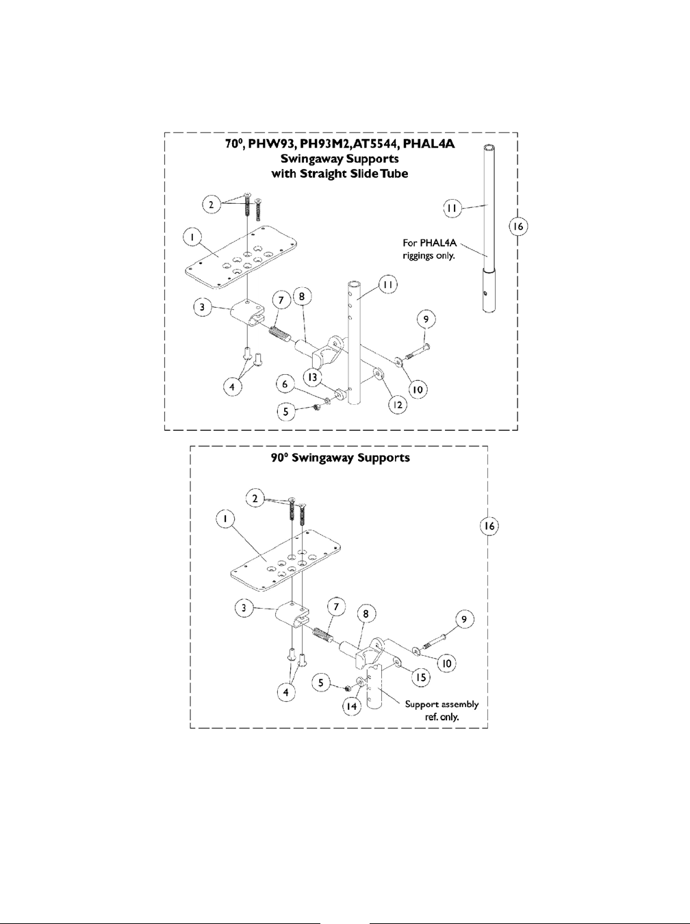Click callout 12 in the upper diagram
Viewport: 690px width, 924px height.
(x=398, y=406)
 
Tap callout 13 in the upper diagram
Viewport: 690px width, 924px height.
(x=312, y=378)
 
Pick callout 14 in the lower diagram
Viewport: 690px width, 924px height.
(x=352, y=708)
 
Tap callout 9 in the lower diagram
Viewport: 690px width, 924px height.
(x=465, y=620)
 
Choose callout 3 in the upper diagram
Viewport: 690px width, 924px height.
(x=202, y=308)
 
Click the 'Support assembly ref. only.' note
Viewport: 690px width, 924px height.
(x=442, y=711)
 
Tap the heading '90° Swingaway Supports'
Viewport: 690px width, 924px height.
(x=340, y=458)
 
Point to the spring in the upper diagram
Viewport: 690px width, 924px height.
(x=274, y=331)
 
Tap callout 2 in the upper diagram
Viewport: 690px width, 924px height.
(x=212, y=203)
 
